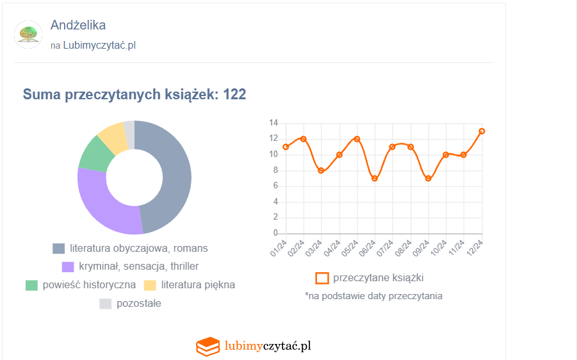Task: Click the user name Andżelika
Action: click(78, 25)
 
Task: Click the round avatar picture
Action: click(28, 35)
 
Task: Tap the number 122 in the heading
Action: click(235, 95)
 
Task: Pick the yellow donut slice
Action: click(112, 135)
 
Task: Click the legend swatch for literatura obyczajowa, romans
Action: click(59, 249)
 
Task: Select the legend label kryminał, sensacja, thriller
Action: click(139, 266)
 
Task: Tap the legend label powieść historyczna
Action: click(89, 285)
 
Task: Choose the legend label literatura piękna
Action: click(198, 285)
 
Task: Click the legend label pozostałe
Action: click(139, 304)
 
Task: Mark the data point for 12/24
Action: click(482, 131)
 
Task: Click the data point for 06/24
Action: click(375, 178)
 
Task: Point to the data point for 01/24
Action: click(286, 147)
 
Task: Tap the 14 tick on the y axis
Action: click(273, 123)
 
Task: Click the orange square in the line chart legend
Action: click(322, 278)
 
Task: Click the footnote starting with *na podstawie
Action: click(373, 296)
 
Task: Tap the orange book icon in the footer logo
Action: click(207, 347)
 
